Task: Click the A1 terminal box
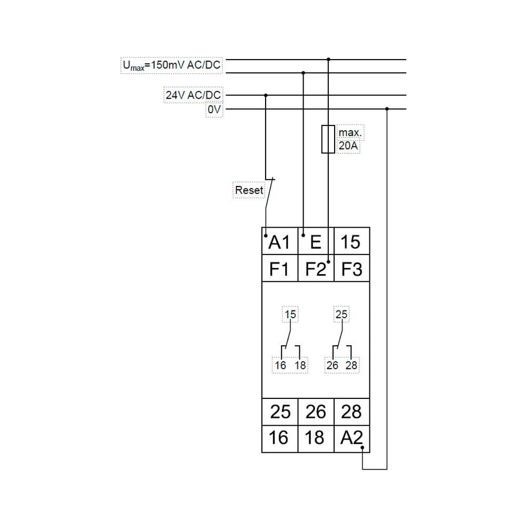(280, 241)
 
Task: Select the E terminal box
(316, 241)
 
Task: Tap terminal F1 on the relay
(280, 268)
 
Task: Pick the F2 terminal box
(316, 268)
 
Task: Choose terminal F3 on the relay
(352, 268)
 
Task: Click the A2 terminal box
(352, 439)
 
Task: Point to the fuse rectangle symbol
(328, 139)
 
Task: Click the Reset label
(249, 190)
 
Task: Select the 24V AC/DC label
(193, 95)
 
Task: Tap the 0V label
(214, 110)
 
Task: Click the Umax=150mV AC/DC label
(172, 65)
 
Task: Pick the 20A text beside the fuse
(348, 146)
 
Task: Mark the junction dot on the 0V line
(387, 109)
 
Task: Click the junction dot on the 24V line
(266, 95)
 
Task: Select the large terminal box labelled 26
(316, 412)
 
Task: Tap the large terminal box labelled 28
(352, 412)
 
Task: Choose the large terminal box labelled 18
(316, 439)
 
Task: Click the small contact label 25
(341, 314)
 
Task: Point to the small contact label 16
(280, 365)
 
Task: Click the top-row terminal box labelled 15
(352, 241)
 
